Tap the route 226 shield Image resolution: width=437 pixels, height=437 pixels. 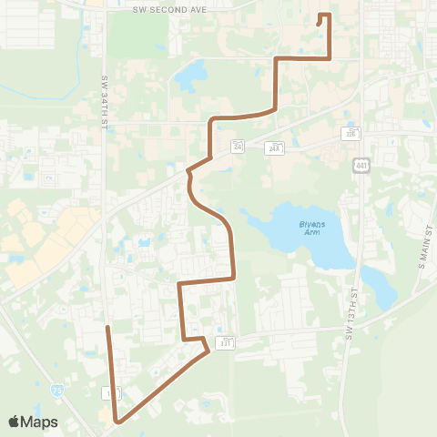click(351, 133)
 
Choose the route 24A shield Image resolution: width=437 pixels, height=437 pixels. click(274, 147)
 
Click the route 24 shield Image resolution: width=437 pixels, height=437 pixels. click(239, 146)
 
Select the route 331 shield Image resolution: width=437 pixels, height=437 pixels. click(226, 342)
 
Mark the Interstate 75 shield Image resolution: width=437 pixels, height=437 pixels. click(56, 389)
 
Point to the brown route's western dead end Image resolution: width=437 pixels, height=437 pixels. click(107, 326)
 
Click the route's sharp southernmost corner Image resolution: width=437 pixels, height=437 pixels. click(117, 422)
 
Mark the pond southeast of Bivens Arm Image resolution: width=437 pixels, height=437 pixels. click(381, 288)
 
